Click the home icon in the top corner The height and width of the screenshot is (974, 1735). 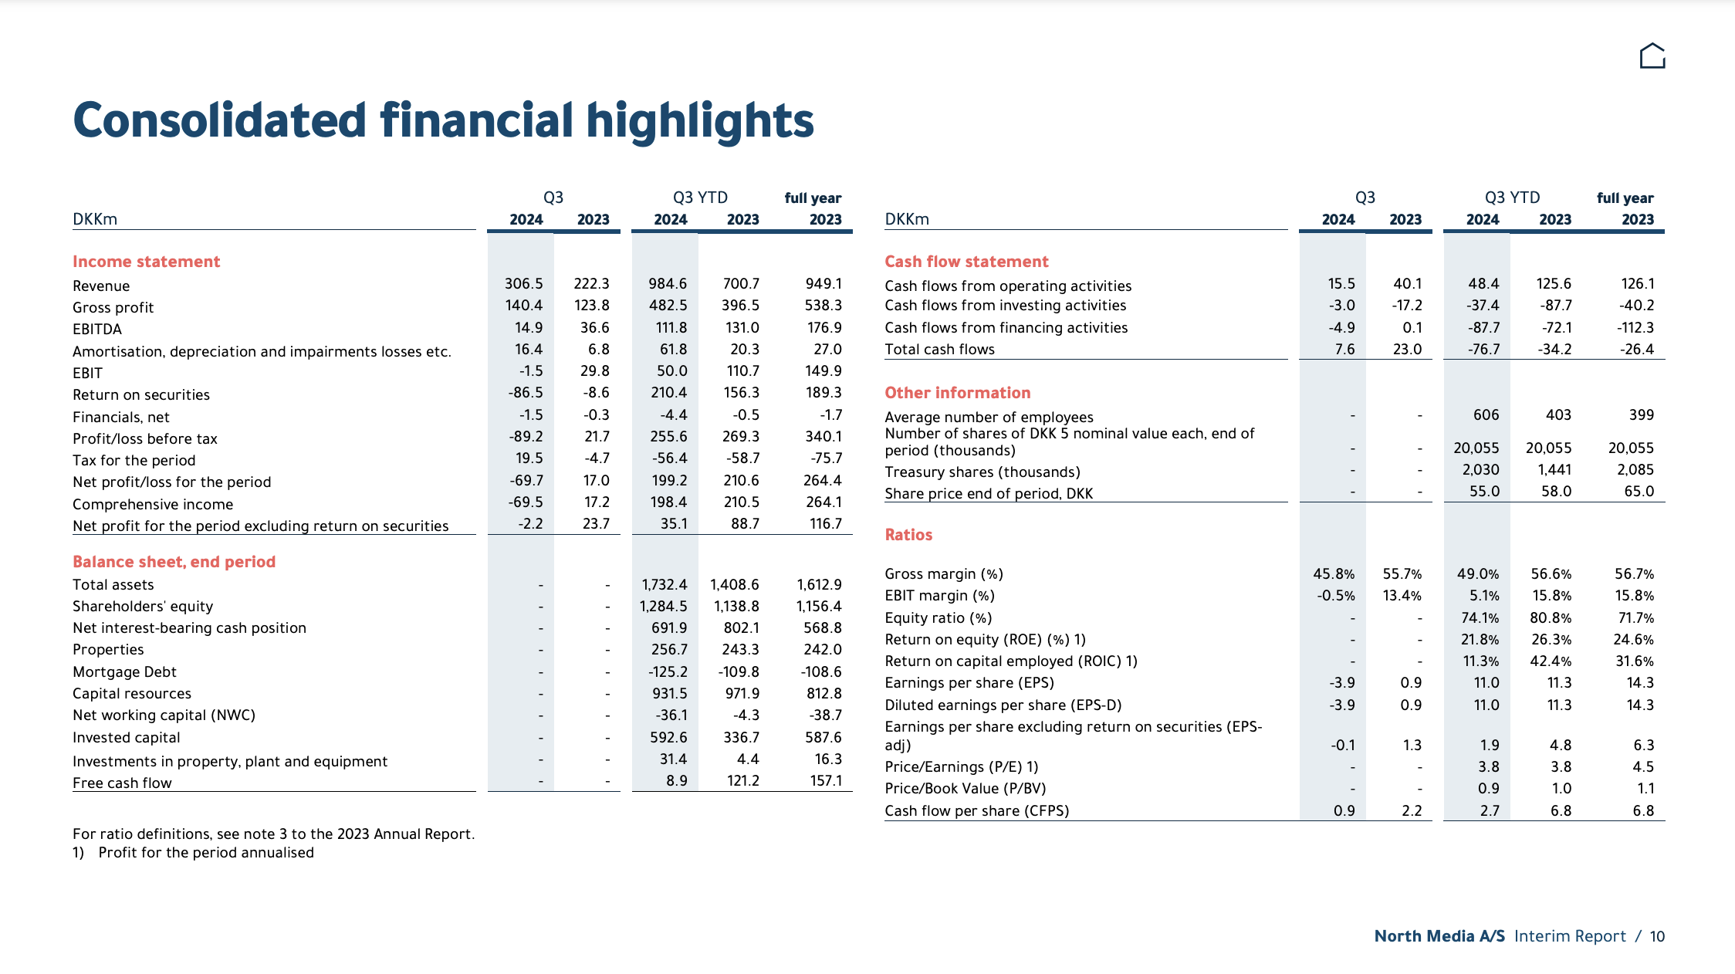click(x=1652, y=56)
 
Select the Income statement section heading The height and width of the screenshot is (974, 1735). click(x=146, y=262)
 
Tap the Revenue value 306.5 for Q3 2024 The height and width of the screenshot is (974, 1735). click(x=523, y=284)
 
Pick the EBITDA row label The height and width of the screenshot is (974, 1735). click(x=97, y=330)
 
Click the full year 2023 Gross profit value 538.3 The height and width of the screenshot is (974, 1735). click(x=823, y=306)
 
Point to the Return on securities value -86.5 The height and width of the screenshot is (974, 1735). click(x=525, y=393)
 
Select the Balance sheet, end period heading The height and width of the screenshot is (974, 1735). click(x=174, y=562)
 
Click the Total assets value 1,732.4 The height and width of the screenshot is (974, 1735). click(x=664, y=585)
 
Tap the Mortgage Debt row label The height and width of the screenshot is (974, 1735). click(x=124, y=672)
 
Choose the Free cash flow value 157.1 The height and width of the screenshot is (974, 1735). click(x=826, y=781)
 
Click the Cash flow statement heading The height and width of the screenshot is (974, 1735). click(x=966, y=262)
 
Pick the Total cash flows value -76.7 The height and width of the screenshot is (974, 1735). click(x=1483, y=350)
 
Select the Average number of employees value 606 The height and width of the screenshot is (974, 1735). click(x=1486, y=415)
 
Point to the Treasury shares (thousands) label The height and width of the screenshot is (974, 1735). click(x=982, y=472)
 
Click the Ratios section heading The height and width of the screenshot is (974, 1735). click(x=908, y=535)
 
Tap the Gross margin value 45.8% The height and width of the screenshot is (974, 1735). click(x=1334, y=574)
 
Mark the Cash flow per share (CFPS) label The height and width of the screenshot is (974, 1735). click(x=977, y=811)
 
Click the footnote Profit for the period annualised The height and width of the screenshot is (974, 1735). click(x=206, y=853)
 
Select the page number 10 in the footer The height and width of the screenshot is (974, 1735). click(x=1657, y=936)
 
